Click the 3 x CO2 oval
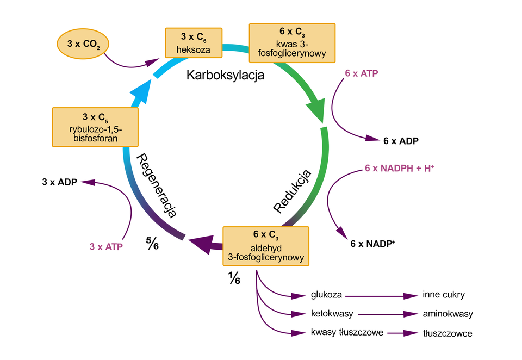click(x=83, y=42)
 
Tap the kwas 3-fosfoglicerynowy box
click(x=291, y=42)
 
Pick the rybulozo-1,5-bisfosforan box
click(x=95, y=127)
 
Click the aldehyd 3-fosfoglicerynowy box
click(x=266, y=246)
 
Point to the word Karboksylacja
click(x=225, y=75)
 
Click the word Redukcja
click(x=292, y=191)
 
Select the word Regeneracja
click(x=157, y=185)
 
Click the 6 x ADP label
click(x=401, y=141)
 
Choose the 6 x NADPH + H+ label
click(x=400, y=169)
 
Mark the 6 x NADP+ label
click(x=372, y=244)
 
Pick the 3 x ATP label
click(x=106, y=246)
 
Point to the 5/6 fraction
click(x=152, y=243)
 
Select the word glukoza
click(x=326, y=295)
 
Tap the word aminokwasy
click(x=448, y=314)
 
